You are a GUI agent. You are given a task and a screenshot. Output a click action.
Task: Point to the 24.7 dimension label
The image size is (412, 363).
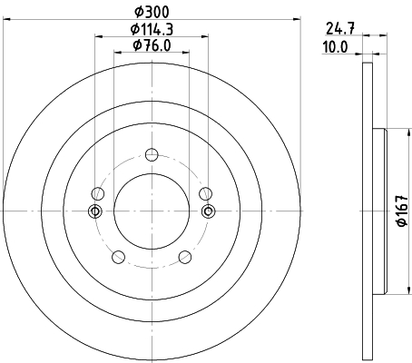tap(338, 28)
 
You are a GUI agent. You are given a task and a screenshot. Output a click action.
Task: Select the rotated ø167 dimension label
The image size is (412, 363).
tap(400, 211)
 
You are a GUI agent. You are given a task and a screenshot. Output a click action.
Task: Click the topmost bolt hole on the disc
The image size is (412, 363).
tap(152, 153)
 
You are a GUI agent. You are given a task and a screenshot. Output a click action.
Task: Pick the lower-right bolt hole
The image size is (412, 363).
tap(186, 256)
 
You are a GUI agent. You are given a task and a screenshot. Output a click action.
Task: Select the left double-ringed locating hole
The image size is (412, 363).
tap(94, 211)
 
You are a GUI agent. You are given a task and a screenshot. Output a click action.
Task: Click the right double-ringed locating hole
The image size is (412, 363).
tap(208, 211)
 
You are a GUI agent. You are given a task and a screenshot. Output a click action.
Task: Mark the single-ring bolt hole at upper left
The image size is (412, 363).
tap(97, 192)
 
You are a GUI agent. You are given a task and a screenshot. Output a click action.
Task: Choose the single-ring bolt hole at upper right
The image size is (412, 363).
tap(206, 192)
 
